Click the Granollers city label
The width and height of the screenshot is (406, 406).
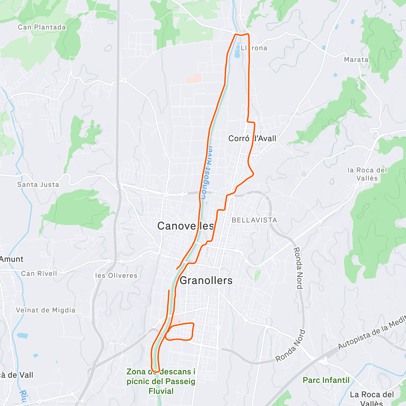206,280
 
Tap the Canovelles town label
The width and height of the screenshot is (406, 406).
185,226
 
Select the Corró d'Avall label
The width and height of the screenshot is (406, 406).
252,138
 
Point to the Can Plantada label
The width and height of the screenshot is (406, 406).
42,27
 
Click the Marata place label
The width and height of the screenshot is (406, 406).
356,60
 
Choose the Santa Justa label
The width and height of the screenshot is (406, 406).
38,184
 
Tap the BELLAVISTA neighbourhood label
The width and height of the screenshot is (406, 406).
254,220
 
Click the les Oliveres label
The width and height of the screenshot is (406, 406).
116,275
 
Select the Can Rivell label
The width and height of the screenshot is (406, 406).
39,273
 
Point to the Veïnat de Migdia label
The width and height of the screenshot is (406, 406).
46,310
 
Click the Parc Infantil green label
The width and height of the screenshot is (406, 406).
326,380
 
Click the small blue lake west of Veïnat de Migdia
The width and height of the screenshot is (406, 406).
22,336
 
